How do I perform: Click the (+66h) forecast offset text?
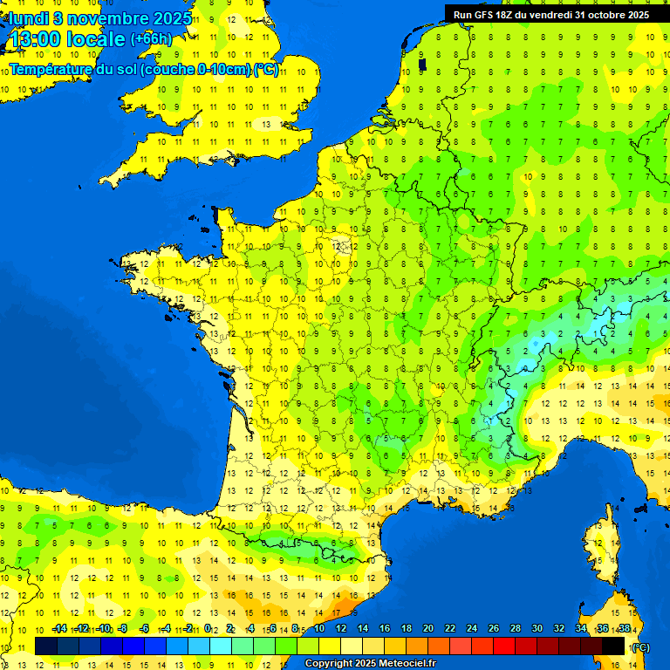pos(151,39)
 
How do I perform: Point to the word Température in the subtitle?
pos(53,69)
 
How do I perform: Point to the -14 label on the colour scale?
pos(59,629)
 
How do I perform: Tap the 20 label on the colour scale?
pos(428,629)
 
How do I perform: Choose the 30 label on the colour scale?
pos(537,629)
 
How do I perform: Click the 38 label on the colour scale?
pos(625,629)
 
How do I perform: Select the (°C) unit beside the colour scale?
pos(641,647)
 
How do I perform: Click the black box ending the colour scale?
pos(613,646)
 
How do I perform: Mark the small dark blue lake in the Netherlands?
pos(422,64)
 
